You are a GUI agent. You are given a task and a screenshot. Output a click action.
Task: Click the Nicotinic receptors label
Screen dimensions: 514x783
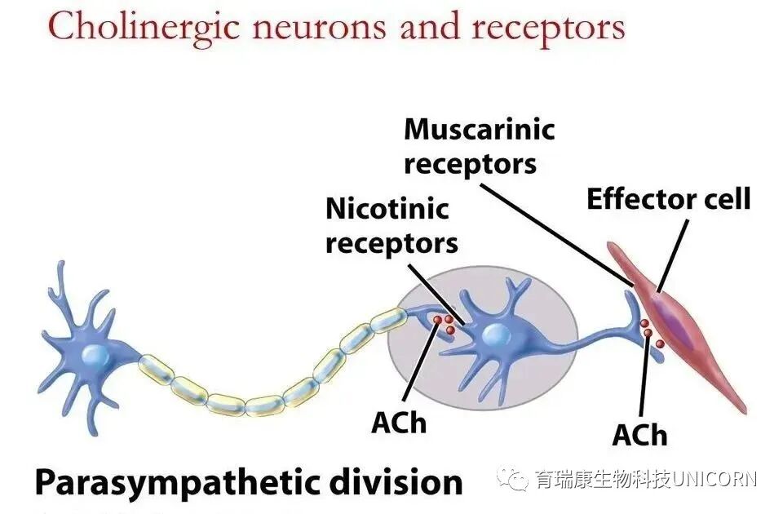coord(391,224)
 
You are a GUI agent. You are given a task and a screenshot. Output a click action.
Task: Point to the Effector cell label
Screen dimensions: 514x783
coord(668,199)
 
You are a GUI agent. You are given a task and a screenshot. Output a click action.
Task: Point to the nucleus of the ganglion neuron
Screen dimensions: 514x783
coord(496,335)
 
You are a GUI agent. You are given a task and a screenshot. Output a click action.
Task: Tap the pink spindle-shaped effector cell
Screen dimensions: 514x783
coord(685,318)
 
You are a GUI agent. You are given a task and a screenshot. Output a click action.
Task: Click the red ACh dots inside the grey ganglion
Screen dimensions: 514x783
coord(445,324)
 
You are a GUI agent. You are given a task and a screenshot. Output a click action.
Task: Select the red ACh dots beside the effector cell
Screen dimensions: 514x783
coord(651,335)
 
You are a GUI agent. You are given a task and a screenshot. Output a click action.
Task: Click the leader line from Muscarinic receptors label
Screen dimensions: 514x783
coord(555,228)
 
